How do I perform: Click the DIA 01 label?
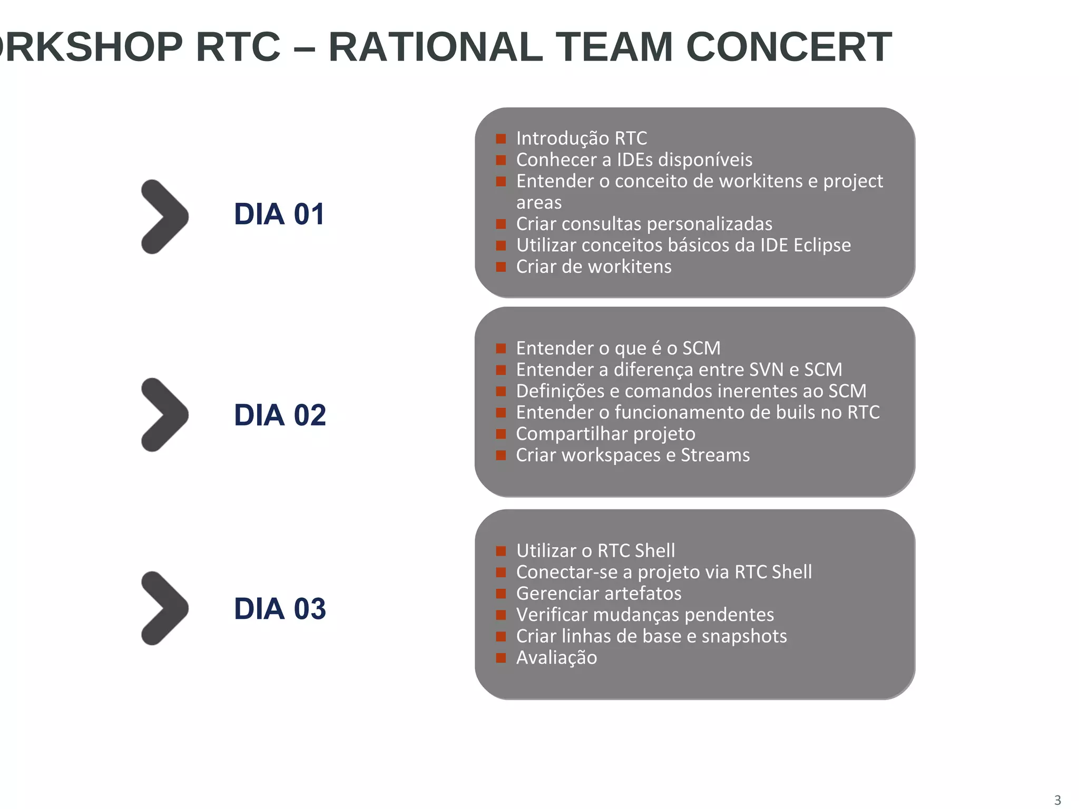tap(279, 214)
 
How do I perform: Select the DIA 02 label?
tap(280, 415)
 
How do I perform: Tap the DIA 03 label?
tap(280, 609)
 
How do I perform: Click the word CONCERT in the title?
tap(789, 47)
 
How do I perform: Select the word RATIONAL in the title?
tap(435, 47)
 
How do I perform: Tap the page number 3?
tap(1057, 800)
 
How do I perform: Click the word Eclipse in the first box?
tap(822, 245)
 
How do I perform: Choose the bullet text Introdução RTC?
tap(581, 139)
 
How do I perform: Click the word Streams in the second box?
tap(715, 455)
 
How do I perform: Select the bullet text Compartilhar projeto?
tap(605, 434)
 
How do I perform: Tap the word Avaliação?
tap(556, 658)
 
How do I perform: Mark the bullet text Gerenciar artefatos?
tap(599, 594)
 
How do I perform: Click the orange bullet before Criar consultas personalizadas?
tap(501, 224)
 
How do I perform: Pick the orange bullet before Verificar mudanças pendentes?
tap(501, 615)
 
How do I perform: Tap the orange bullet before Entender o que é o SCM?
tap(501, 349)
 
